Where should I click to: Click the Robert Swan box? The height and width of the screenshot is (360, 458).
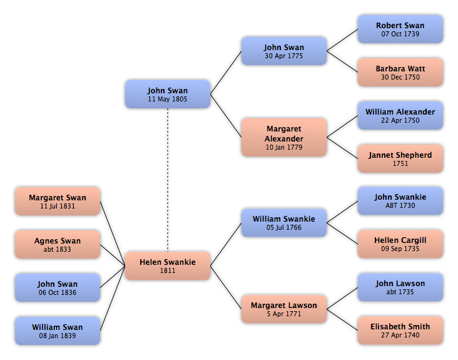tap(400, 29)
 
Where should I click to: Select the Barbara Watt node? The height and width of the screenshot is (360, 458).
tap(400, 72)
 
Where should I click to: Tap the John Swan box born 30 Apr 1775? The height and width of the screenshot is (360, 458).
tap(284, 51)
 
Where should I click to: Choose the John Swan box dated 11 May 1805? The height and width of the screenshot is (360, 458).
tap(168, 94)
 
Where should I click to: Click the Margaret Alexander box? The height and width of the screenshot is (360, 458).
tap(284, 137)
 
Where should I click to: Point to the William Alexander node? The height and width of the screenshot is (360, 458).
tap(400, 115)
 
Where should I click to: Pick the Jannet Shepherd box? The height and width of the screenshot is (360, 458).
tap(400, 158)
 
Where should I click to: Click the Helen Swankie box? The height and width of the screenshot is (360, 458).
tap(168, 265)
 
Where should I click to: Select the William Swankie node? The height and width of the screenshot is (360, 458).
tap(284, 223)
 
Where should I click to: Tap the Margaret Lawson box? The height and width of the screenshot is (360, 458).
tap(284, 309)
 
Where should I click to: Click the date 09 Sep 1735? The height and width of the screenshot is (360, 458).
tap(400, 249)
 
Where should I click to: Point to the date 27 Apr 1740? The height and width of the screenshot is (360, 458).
tap(400, 335)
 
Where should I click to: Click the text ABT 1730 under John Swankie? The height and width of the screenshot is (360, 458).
tap(400, 205)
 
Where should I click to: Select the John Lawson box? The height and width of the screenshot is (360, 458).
tap(400, 287)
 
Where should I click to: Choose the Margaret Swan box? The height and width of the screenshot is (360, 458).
tap(58, 202)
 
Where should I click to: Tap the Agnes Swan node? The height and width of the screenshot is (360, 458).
tap(58, 244)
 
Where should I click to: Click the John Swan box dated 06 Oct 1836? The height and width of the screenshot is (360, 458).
tap(58, 287)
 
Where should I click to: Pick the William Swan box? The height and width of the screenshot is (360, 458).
tap(58, 331)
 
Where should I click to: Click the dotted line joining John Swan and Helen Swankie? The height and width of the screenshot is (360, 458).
tap(168, 180)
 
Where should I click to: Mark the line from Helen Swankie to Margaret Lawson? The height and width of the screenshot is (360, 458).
tap(226, 287)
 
